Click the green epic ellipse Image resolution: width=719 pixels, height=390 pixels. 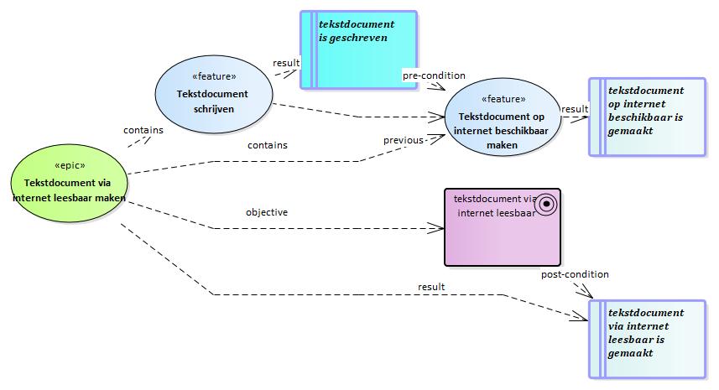tap(70, 184)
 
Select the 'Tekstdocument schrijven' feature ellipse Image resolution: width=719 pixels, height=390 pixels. tap(214, 95)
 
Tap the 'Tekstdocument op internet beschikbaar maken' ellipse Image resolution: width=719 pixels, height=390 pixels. tap(503, 117)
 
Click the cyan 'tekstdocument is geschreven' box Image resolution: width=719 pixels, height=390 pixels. tap(358, 49)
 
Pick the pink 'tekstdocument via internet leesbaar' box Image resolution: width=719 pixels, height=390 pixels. tap(503, 227)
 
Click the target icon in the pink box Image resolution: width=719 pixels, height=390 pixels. tap(546, 204)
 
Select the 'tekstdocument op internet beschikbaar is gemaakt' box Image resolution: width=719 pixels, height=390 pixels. tap(647, 117)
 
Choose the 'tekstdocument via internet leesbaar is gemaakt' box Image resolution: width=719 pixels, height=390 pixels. tap(647, 339)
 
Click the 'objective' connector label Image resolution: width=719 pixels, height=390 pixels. tap(267, 212)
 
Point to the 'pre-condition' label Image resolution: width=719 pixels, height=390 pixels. tap(434, 75)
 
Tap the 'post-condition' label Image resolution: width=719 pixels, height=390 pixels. tap(575, 274)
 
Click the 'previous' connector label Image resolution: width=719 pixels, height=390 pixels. tap(404, 140)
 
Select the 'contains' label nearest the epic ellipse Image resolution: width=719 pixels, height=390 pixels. tap(143, 130)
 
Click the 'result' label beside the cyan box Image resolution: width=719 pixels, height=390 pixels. tap(286, 63)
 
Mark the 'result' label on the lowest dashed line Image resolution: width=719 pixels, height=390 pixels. tap(431, 287)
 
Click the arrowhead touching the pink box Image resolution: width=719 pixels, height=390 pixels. tap(435, 228)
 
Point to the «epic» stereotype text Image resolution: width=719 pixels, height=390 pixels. tap(70, 165)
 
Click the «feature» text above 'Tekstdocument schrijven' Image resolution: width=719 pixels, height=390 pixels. tap(214, 76)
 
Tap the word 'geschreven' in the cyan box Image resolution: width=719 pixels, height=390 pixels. tap(358, 38)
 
